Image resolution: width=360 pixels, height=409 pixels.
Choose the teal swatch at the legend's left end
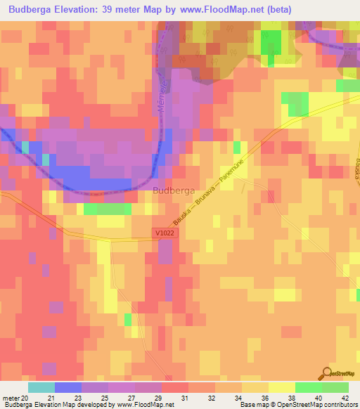41,387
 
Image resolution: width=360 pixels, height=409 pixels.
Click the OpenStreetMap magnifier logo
328,375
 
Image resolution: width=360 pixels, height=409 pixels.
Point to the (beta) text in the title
276,10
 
